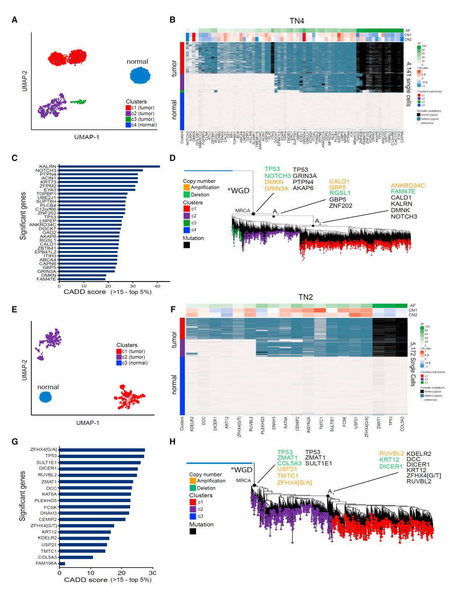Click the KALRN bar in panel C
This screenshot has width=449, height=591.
click(109, 166)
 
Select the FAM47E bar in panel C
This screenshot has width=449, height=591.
click(82, 279)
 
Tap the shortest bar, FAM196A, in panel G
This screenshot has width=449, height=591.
click(62, 564)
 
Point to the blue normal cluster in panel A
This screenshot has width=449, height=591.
click(140, 75)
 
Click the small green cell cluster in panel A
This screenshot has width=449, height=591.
click(78, 101)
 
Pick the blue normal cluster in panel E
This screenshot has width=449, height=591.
click(45, 397)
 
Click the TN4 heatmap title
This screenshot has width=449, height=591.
click(297, 21)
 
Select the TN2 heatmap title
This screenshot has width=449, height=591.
click(306, 297)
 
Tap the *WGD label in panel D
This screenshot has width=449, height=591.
click(238, 191)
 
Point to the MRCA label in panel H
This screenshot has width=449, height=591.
click(243, 481)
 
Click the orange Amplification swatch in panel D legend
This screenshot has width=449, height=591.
click(187, 188)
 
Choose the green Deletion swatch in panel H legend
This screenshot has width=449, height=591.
click(193, 488)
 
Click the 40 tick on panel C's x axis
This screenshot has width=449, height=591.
click(158, 286)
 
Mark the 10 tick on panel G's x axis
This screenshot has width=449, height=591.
click(91, 573)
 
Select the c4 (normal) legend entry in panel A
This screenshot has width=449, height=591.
click(141, 125)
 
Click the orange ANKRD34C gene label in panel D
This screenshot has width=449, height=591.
click(407, 185)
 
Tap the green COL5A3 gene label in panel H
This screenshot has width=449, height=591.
click(289, 463)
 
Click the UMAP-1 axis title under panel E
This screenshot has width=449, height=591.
click(87, 423)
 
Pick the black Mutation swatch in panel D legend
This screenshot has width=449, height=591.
click(187, 245)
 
